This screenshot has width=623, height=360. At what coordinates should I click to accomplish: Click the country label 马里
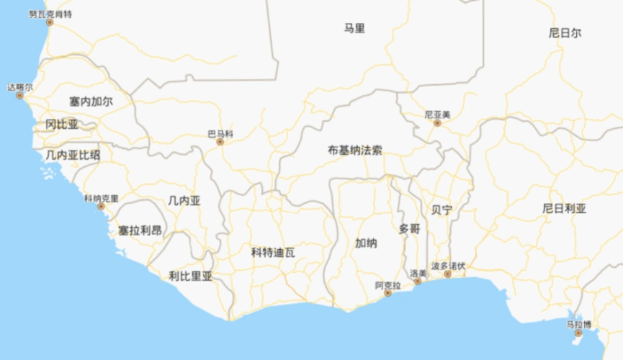coord(354,29)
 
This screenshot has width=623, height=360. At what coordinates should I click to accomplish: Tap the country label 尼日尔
coord(565,33)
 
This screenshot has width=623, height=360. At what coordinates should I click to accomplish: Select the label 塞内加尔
coord(91,102)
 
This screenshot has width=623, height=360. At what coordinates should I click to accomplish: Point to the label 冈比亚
coord(62,125)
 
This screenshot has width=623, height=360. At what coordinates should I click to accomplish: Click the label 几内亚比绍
coord(73,154)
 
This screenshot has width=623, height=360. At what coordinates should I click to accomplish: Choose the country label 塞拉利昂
coord(140,230)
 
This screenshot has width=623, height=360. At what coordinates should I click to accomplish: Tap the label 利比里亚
coord(191,275)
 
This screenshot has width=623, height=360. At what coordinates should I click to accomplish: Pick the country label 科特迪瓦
coord(273,252)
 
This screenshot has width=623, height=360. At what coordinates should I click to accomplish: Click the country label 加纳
coord(366,243)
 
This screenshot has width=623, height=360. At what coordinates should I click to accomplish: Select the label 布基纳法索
coord(355,150)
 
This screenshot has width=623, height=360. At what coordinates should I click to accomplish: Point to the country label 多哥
coord(409,228)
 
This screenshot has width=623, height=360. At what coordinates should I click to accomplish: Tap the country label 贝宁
coord(442,210)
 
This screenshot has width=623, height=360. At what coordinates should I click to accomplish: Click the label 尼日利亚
coord(565,209)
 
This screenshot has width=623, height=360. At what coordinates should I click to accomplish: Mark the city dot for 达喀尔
coord(20,96)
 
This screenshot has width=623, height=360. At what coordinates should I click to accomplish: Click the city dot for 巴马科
coord(220,142)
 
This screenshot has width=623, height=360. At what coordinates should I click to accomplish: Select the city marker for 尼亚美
coord(436,123)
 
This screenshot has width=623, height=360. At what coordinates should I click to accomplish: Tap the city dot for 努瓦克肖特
coord(50,22)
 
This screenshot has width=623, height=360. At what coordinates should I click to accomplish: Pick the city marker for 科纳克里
coord(101,207)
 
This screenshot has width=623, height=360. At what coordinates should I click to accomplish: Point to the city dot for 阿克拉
coord(389,294)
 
